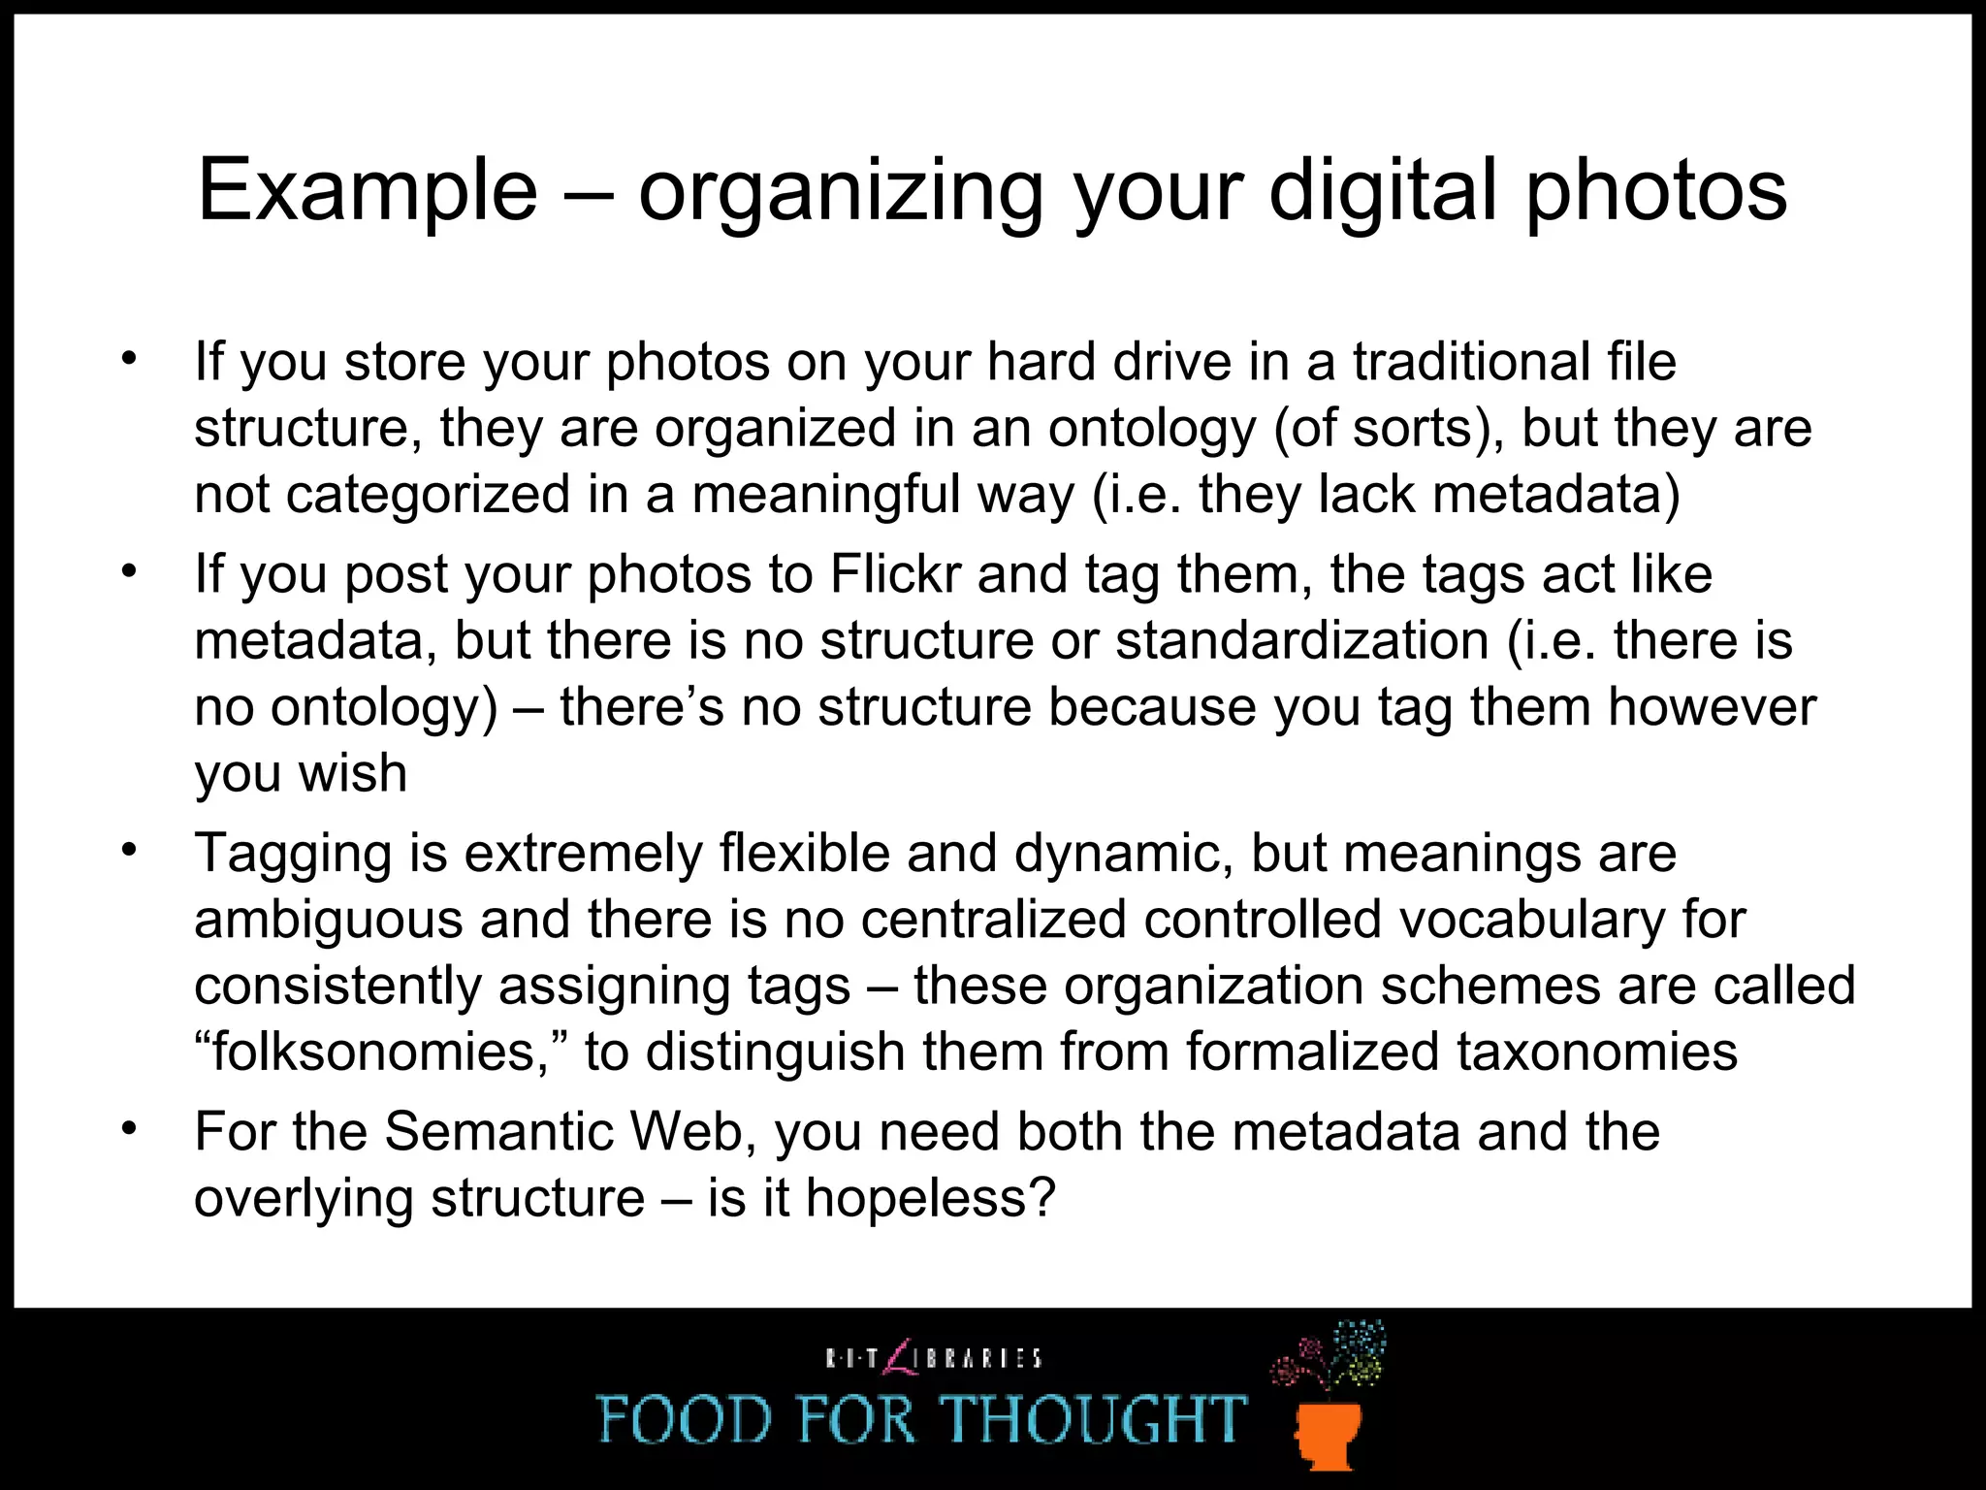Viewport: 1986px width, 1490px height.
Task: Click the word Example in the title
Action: click(x=368, y=190)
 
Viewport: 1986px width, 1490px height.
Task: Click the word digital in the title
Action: click(x=1384, y=190)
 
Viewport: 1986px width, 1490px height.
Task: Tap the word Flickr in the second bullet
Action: click(x=895, y=574)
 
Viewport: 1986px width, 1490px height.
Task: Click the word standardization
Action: click(x=1302, y=640)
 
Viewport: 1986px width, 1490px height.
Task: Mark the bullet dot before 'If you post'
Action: click(x=130, y=571)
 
